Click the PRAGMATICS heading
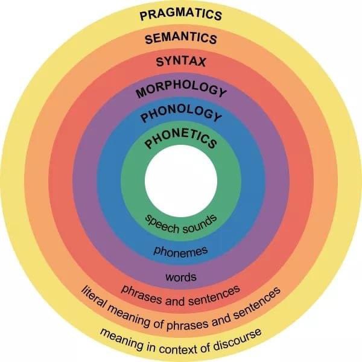181,14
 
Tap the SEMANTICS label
181,39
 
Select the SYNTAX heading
181,62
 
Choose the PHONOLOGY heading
181,113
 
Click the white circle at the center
181,181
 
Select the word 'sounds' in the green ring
200,224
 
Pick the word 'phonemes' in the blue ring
181,251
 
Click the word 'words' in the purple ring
181,277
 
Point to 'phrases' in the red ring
141,294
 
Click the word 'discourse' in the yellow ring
237,339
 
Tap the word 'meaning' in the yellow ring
122,338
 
